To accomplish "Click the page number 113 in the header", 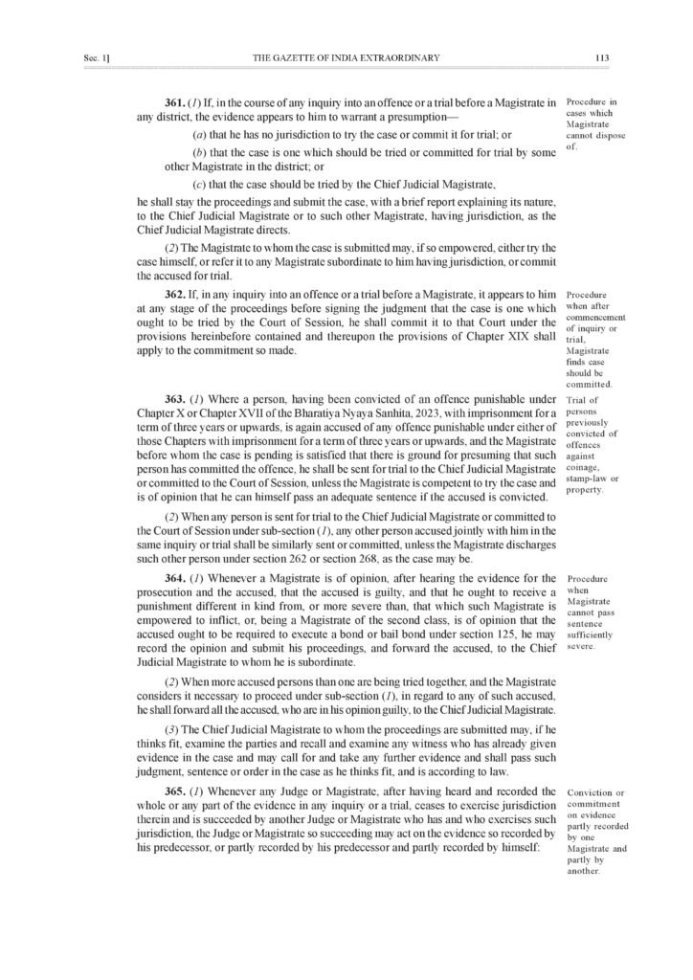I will (601, 58).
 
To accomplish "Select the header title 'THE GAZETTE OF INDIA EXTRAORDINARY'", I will (346, 58).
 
